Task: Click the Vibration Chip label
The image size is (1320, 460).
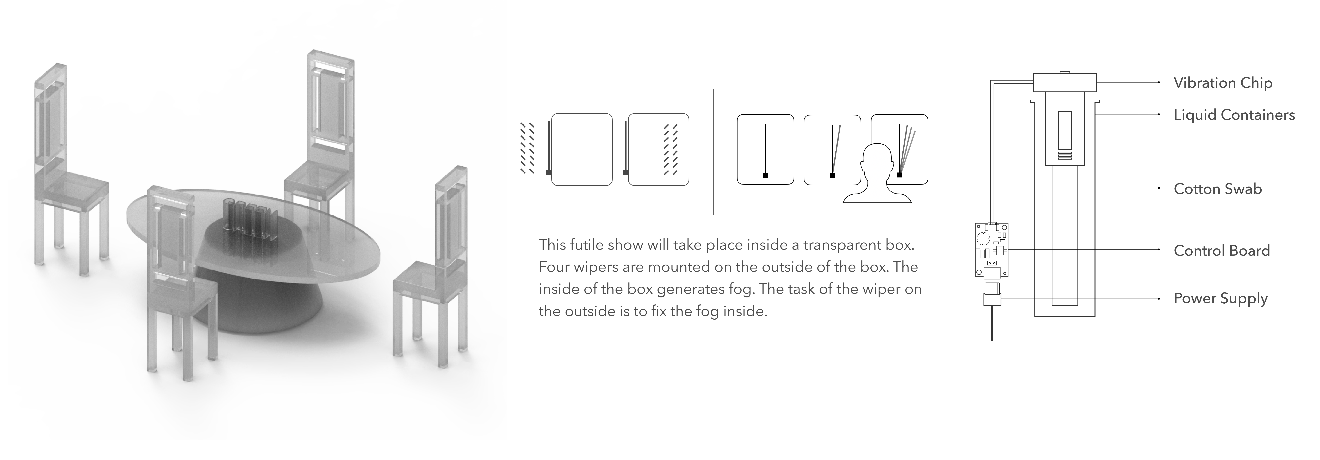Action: (x=1223, y=83)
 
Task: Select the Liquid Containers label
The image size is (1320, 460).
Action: (x=1234, y=115)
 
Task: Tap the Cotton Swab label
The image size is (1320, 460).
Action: (x=1218, y=189)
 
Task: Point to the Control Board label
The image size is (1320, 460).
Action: (x=1222, y=251)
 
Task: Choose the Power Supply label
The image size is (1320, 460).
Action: (x=1221, y=299)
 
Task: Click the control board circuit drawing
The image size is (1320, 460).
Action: (x=991, y=250)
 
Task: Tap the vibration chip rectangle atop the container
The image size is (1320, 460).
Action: (x=1064, y=82)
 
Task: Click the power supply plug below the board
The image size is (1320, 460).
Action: (x=992, y=299)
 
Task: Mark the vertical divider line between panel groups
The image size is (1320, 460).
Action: (x=713, y=152)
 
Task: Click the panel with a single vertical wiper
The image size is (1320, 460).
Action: (x=765, y=149)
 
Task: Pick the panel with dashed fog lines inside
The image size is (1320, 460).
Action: (x=659, y=149)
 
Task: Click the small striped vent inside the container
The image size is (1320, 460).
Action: (x=1064, y=155)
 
